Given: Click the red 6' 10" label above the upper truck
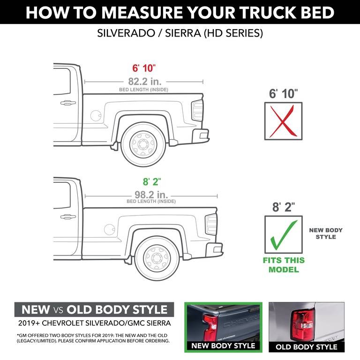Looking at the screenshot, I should point(143,68).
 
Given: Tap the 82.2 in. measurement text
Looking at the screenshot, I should point(143,81).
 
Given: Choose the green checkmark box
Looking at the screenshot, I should point(284,235).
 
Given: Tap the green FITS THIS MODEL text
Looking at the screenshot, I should point(284,265).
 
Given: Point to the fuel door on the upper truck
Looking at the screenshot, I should point(95,114).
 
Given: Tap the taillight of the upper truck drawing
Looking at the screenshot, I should point(198,111).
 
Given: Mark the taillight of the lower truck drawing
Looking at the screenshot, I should point(211,225).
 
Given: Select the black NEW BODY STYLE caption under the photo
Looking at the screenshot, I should point(224,345).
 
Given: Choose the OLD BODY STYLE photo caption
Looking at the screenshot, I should point(306,347).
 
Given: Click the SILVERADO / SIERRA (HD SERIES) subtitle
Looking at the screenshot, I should point(180,34).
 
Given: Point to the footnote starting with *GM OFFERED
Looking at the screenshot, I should point(92,338).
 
